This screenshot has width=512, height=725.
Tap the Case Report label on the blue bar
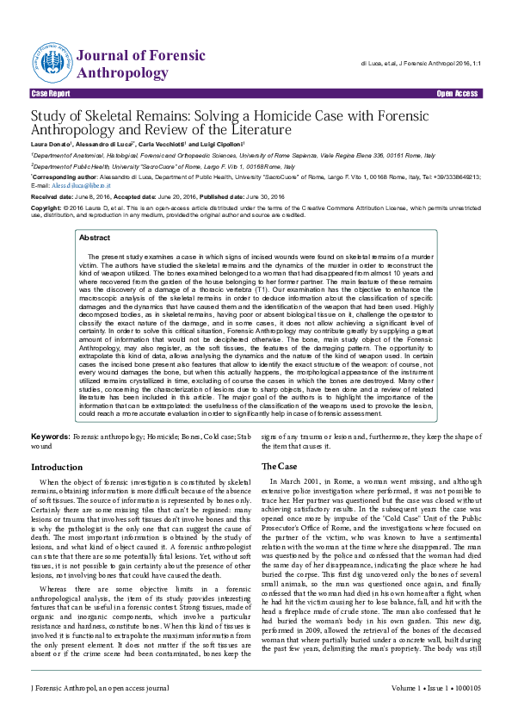click(51, 92)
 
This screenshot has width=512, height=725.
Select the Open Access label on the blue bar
click(457, 92)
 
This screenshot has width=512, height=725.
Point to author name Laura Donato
click(51, 143)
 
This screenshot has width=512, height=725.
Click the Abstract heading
click(95, 213)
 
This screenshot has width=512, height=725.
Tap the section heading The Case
click(281, 466)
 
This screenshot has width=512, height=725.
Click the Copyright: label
click(46, 208)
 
